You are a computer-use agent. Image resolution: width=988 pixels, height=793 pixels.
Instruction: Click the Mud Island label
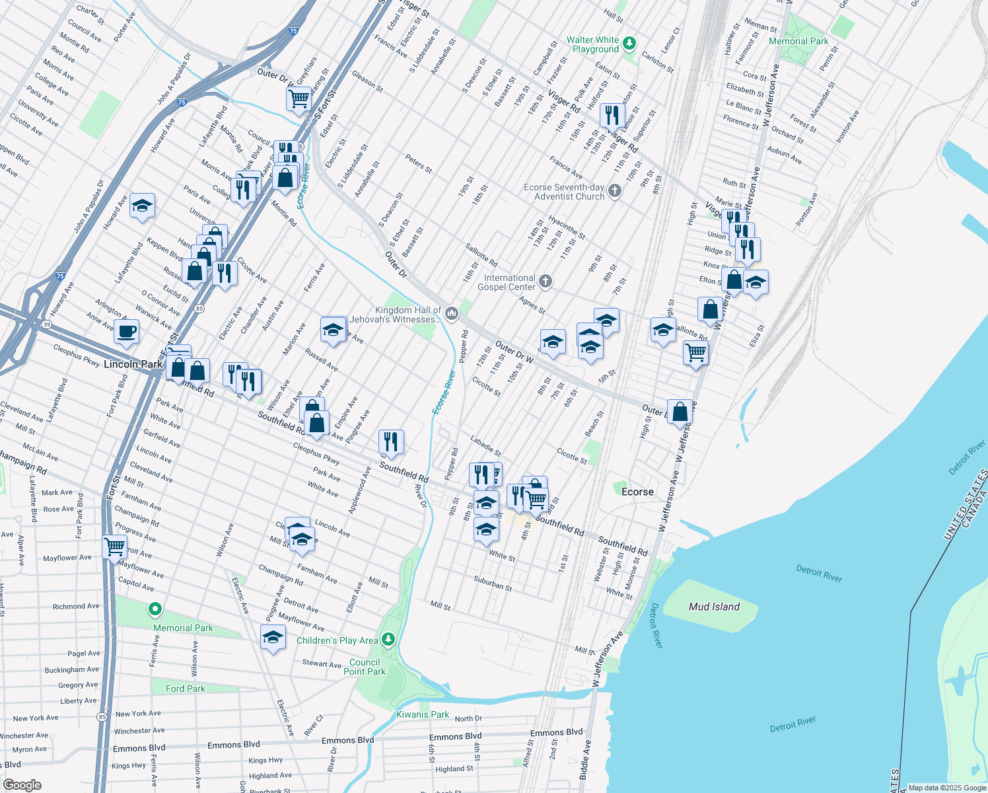(714, 607)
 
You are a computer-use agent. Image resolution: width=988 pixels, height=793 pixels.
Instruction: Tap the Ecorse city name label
(637, 492)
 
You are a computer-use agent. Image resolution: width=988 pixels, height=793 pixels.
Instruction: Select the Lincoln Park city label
(133, 364)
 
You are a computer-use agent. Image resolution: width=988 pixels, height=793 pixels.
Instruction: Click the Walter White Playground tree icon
(629, 44)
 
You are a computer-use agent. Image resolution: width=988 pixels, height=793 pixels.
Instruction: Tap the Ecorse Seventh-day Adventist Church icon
(615, 191)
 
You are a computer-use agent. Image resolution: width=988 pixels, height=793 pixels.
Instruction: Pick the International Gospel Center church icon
(545, 282)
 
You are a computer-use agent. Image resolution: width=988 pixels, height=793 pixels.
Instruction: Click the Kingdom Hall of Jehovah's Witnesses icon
(452, 313)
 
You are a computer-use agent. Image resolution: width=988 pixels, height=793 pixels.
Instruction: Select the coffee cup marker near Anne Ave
(126, 331)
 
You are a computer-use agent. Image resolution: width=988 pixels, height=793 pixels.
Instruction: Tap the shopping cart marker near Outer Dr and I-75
(299, 99)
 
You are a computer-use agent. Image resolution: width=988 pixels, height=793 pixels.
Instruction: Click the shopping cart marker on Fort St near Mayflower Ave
(115, 547)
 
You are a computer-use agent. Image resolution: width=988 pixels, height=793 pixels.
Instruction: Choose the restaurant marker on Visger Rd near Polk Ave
(612, 115)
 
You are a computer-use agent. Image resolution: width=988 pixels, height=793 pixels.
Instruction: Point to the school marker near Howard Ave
(142, 207)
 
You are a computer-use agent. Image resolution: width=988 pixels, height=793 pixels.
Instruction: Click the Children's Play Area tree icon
(388, 639)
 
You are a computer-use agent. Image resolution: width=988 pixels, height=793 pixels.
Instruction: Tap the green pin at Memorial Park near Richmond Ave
(155, 609)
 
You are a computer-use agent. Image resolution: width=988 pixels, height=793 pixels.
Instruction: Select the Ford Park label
(185, 689)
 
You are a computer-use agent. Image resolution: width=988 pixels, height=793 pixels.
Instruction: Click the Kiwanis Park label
(422, 714)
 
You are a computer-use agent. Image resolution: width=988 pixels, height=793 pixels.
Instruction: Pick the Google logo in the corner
(22, 784)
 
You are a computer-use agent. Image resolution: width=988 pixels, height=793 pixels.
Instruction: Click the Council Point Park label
(364, 667)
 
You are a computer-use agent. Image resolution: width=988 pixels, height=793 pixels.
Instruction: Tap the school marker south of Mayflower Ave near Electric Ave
(273, 638)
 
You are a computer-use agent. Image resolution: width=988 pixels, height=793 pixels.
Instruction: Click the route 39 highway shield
(46, 324)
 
